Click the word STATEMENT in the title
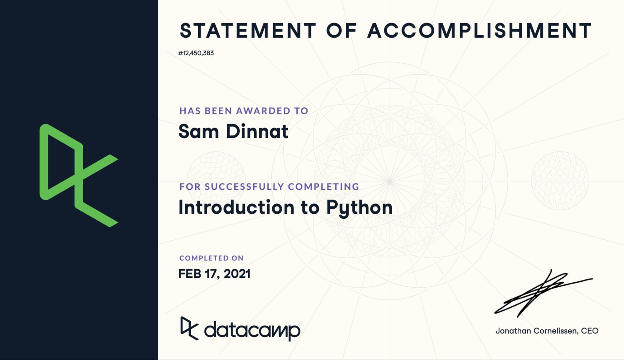248,30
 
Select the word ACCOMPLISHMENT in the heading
480,30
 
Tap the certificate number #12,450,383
196,53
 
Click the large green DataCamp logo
79,176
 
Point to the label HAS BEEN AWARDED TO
244,111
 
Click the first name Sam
199,131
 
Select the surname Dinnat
257,131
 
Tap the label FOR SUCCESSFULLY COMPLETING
269,187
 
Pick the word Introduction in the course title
237,207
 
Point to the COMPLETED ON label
212,258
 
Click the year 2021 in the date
237,274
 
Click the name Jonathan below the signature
513,331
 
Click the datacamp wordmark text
252,330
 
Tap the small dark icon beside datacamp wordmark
190,329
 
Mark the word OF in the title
342,30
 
